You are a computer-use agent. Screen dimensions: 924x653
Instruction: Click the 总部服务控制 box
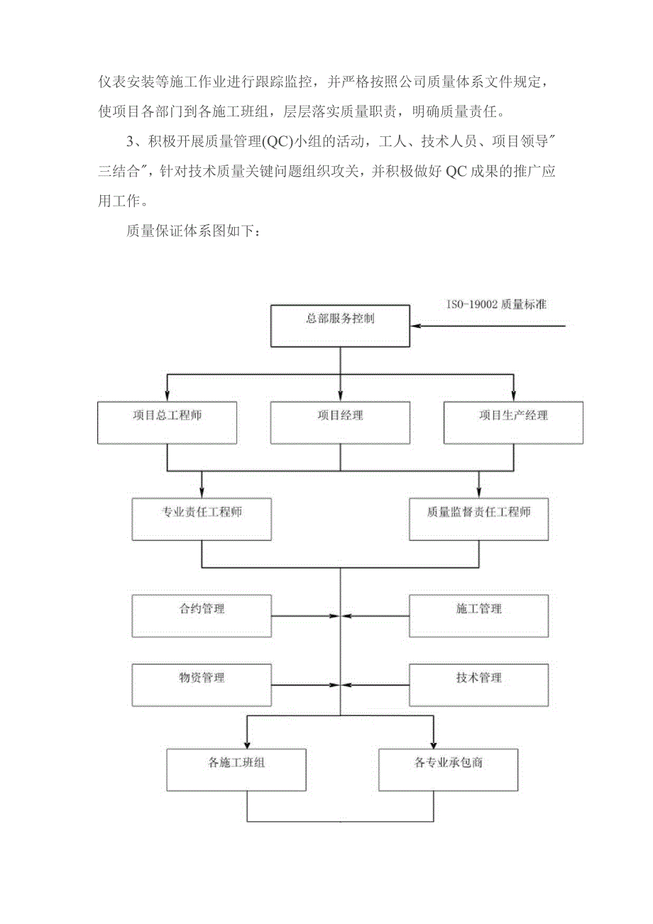340,326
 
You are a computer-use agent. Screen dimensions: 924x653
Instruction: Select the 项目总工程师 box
167,423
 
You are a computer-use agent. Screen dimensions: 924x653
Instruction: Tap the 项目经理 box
340,423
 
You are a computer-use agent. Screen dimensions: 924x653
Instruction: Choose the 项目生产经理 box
513,423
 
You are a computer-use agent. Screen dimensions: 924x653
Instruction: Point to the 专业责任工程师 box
202,519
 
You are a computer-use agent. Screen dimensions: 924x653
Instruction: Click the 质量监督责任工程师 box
478,519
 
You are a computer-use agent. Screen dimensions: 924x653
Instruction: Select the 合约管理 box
202,615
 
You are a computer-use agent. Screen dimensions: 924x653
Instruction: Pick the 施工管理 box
478,615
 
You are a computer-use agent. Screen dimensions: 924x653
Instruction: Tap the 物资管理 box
202,685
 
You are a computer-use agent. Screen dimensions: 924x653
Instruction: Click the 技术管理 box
478,685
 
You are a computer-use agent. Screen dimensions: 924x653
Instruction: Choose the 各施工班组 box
236,770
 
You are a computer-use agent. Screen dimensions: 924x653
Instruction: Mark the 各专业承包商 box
449,770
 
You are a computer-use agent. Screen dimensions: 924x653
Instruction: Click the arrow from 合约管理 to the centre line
305,616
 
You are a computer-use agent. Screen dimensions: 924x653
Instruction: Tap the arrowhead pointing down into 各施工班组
247,744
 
